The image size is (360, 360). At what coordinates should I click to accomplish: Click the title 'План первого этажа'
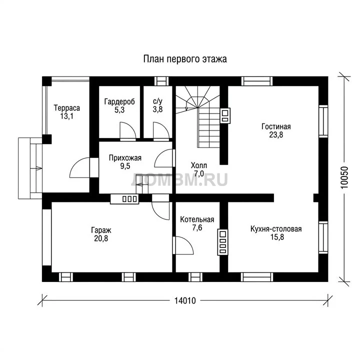pyautogui.click(x=185, y=59)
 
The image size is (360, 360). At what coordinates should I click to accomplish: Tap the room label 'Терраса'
pyautogui.click(x=67, y=107)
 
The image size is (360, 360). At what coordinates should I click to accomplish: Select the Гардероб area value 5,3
pyautogui.click(x=119, y=109)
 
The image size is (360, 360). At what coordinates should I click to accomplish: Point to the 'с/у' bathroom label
pyautogui.click(x=157, y=101)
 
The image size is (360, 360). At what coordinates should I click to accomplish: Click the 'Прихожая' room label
pyautogui.click(x=125, y=157)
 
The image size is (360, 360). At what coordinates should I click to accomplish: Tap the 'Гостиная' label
pyautogui.click(x=276, y=126)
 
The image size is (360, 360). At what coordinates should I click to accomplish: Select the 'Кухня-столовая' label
pyautogui.click(x=276, y=229)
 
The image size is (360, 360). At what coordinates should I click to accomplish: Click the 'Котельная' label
pyautogui.click(x=197, y=219)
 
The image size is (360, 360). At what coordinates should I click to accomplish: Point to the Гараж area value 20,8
pyautogui.click(x=101, y=238)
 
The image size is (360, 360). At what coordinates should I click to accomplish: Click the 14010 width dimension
pyautogui.click(x=185, y=300)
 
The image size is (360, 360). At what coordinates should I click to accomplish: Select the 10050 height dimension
pyautogui.click(x=344, y=177)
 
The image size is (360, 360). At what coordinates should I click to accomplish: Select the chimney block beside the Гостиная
pyautogui.click(x=225, y=115)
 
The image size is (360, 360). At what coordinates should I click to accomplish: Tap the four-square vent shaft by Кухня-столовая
pyautogui.click(x=222, y=242)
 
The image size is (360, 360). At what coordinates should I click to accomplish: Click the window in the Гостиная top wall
pyautogui.click(x=257, y=81)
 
